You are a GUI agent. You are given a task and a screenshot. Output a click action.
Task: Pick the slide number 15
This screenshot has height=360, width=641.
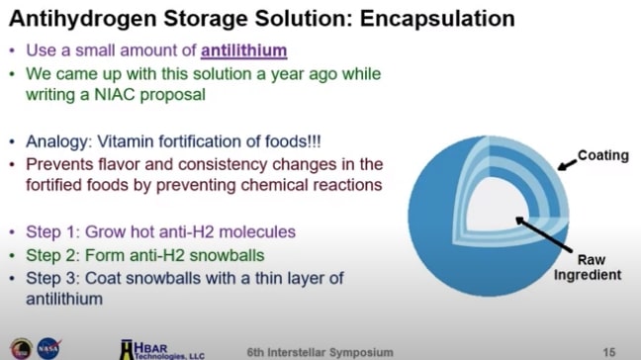pyautogui.click(x=608, y=350)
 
